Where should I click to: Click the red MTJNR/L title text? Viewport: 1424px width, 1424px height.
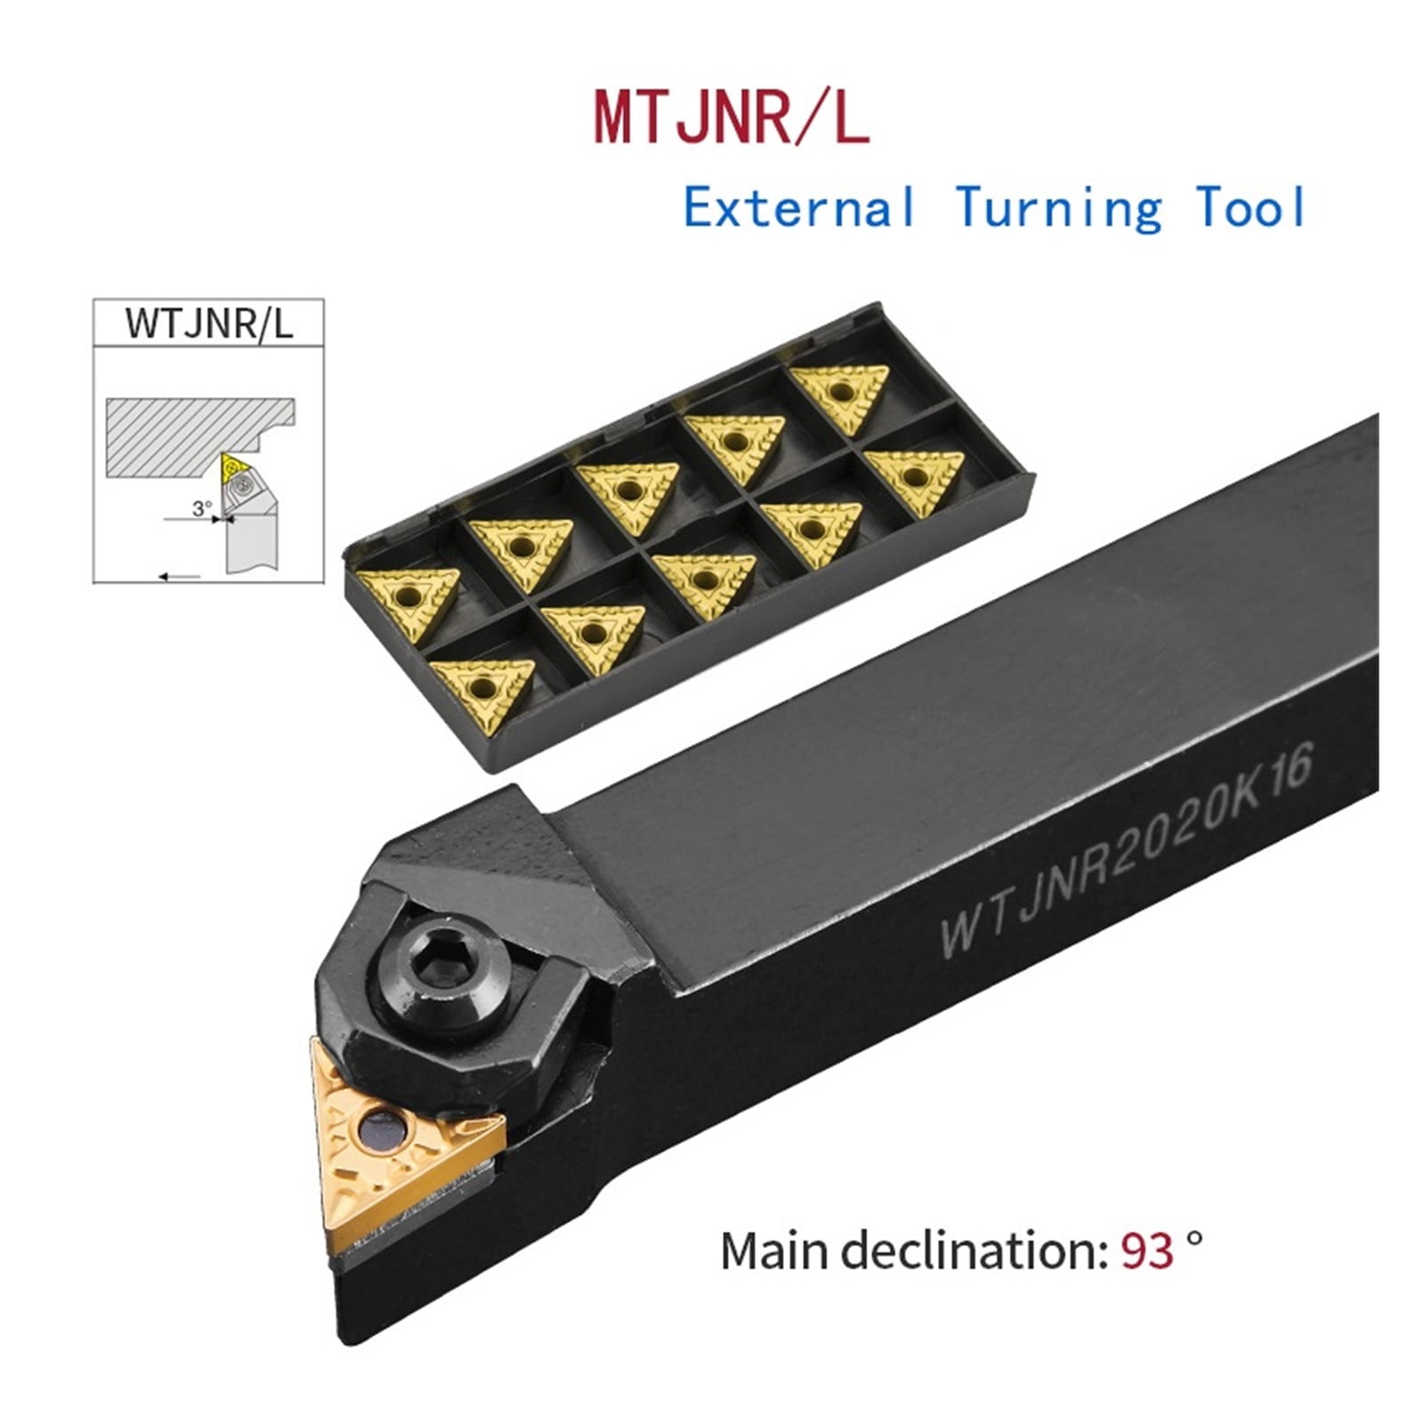pos(730,119)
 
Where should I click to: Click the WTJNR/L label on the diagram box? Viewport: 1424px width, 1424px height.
pos(208,323)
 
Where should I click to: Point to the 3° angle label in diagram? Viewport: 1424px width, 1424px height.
pos(202,508)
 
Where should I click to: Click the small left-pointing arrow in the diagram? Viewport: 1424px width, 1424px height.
pos(179,577)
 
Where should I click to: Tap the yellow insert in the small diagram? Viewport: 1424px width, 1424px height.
pos(233,465)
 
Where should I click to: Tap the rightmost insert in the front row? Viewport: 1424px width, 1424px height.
pos(914,479)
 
